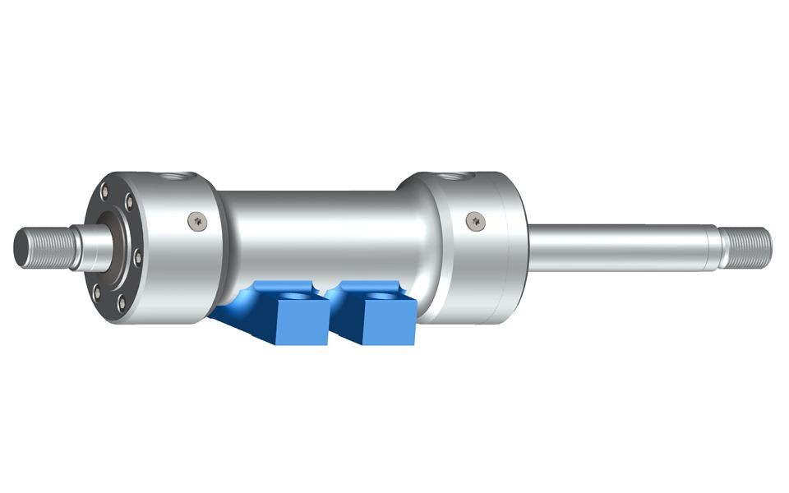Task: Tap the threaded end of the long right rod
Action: tap(749, 245)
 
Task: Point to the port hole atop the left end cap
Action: tap(176, 177)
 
